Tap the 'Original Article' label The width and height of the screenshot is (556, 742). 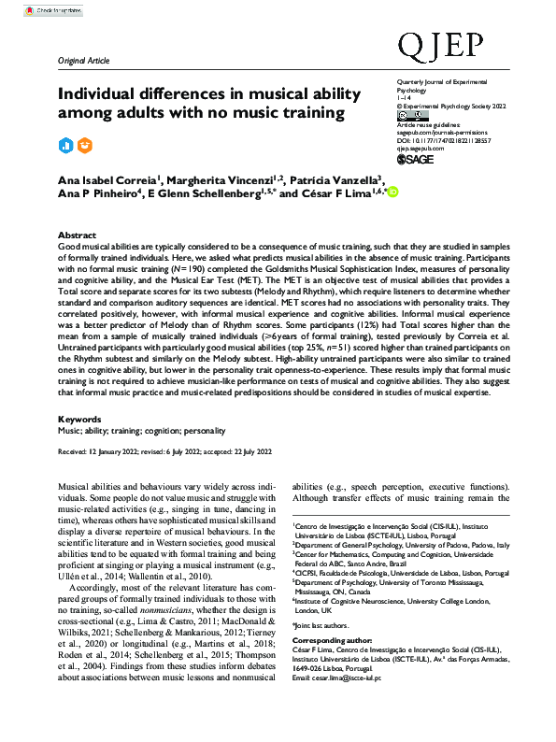point(83,59)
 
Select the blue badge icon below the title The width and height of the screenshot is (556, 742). point(65,145)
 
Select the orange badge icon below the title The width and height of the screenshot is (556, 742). point(85,145)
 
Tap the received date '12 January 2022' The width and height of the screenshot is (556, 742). point(122,451)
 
